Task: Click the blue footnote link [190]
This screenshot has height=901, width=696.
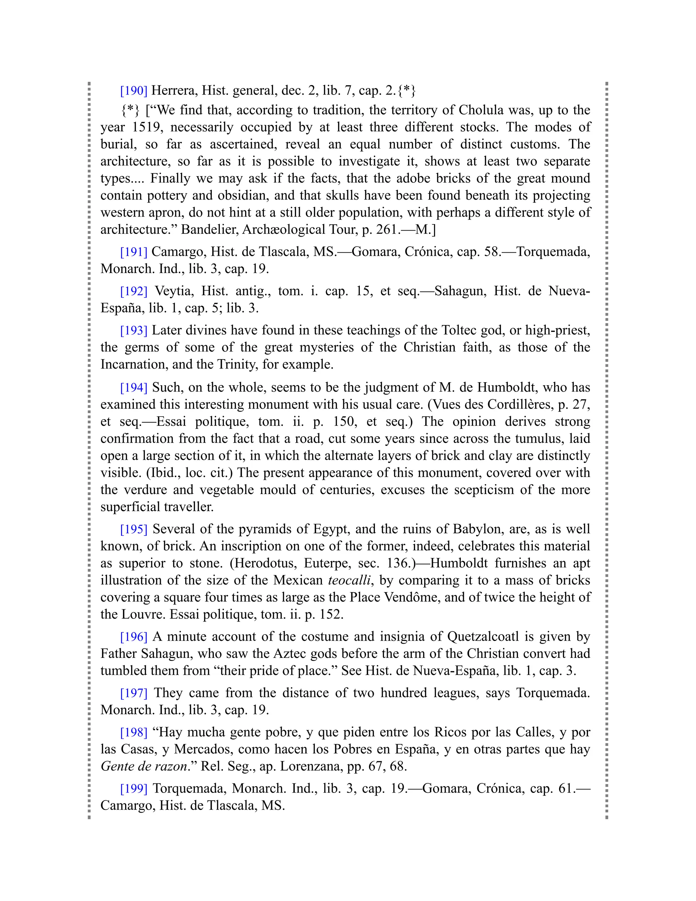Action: pos(134,90)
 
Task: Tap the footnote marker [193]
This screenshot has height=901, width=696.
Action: pos(134,330)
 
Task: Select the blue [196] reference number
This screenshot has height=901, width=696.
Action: pos(134,636)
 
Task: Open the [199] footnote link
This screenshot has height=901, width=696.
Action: pos(134,788)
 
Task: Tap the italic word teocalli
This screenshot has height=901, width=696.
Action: pos(349,580)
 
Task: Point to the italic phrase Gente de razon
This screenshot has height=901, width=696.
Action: pos(144,766)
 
